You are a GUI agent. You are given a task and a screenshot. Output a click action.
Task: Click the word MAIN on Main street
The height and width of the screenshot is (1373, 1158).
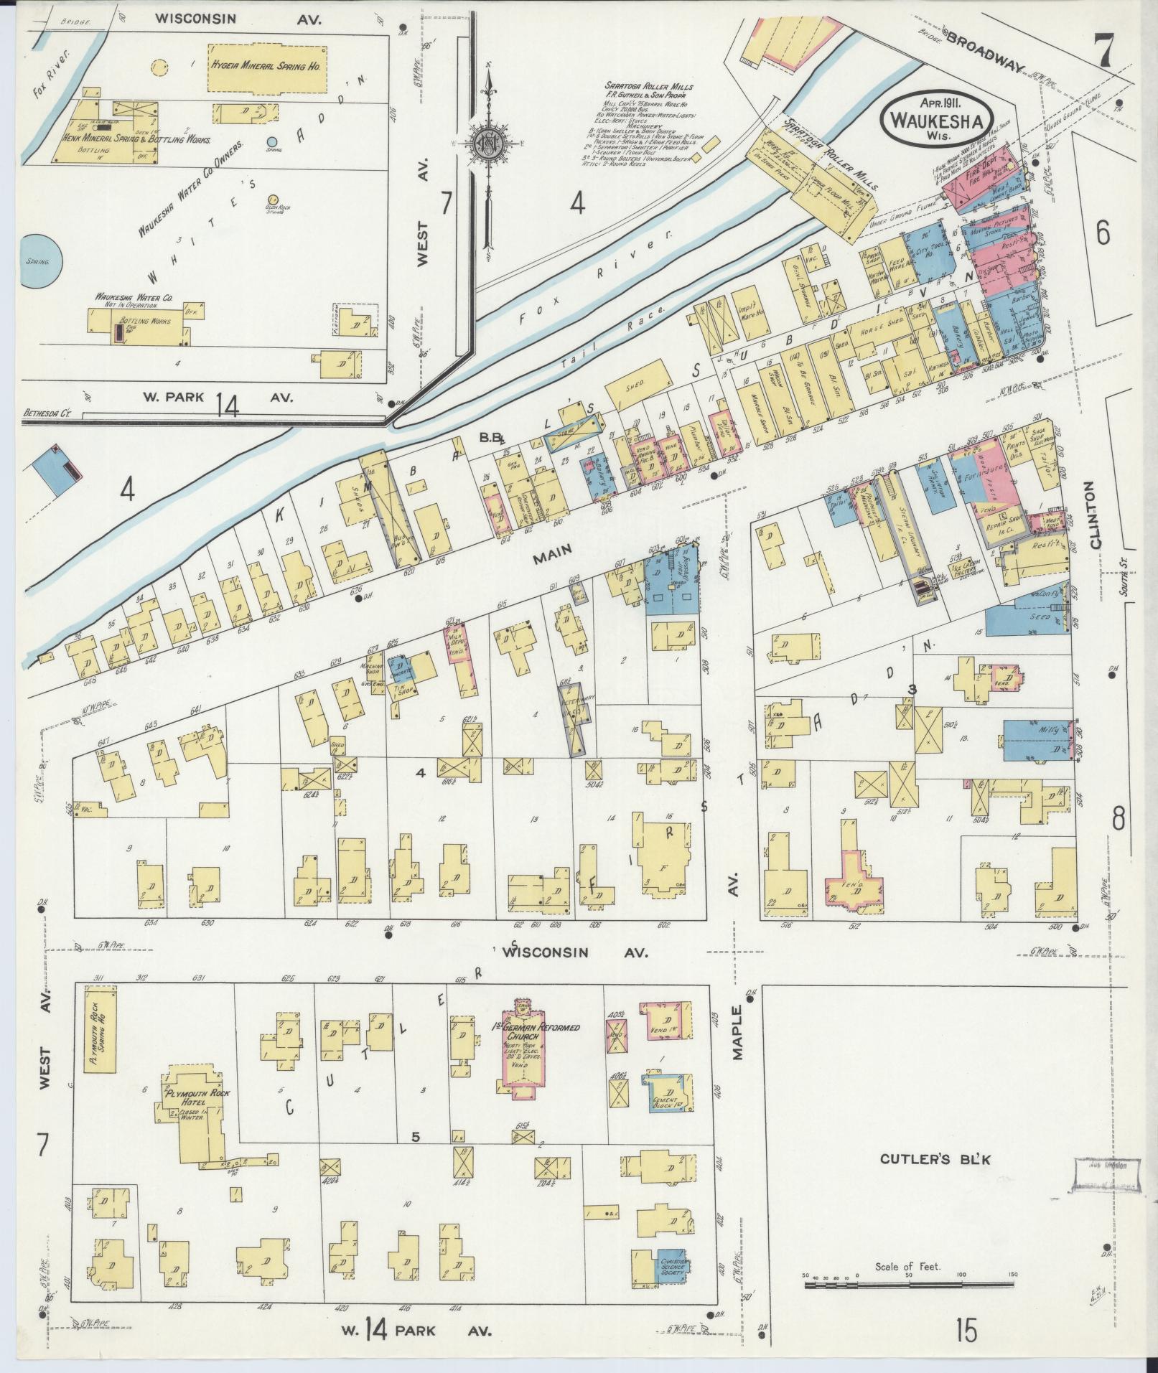(551, 549)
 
